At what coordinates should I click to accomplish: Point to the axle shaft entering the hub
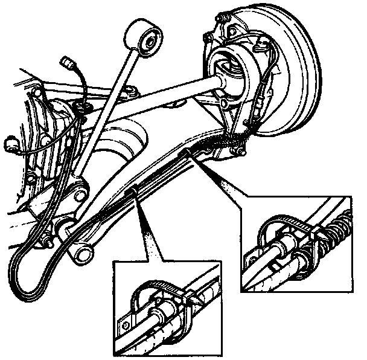pyautogui.click(x=181, y=91)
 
